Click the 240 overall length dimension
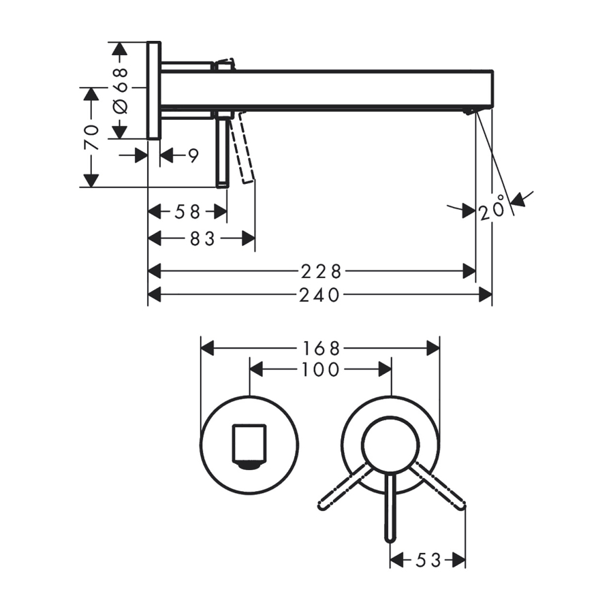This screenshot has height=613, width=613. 319,295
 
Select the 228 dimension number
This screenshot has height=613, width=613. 321,271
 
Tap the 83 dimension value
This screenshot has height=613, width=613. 202,238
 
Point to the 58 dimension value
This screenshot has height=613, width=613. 187,212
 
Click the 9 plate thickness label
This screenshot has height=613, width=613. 193,156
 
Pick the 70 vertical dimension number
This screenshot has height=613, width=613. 92,138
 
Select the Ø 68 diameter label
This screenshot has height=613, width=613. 120,91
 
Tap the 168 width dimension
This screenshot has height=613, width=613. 321,348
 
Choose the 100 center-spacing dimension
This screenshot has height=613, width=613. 320,369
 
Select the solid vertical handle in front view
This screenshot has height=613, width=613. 390,508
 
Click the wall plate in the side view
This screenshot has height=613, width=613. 154,90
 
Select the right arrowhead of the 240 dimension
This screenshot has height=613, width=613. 486,294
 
